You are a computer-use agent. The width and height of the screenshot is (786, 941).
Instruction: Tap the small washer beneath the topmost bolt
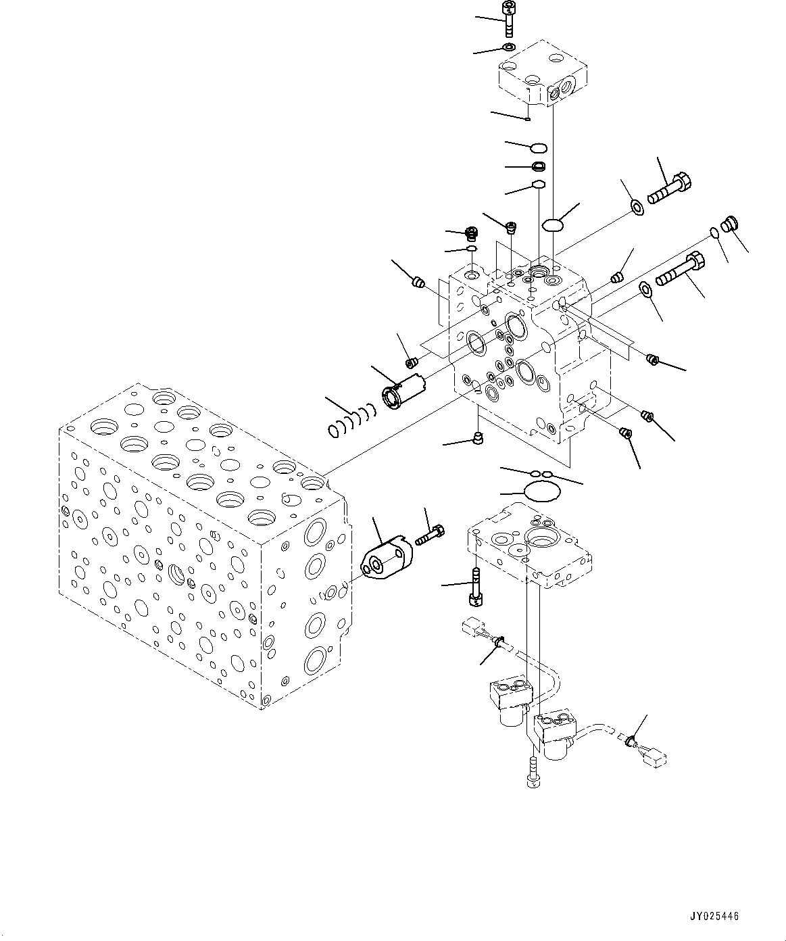coord(508,47)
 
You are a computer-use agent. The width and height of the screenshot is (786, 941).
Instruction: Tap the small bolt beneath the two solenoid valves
coord(531,773)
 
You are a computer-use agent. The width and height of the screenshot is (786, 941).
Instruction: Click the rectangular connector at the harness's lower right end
coord(651,759)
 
